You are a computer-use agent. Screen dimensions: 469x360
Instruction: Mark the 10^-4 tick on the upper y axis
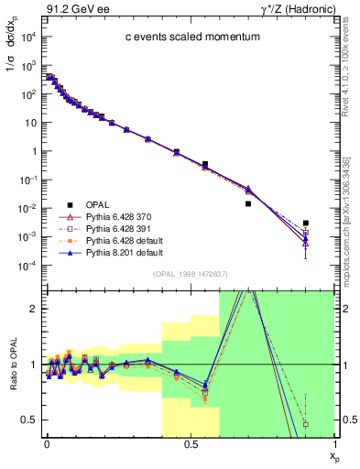(27, 266)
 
